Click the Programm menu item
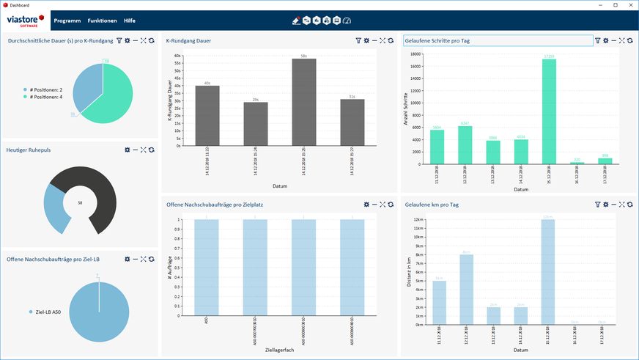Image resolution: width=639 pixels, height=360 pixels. [x=67, y=21]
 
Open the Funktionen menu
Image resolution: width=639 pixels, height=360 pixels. [x=102, y=21]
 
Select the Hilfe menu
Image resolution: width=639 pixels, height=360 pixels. [x=129, y=21]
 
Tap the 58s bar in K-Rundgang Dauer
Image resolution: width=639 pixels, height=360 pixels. [x=304, y=103]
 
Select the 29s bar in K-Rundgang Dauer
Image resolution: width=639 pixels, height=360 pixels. [x=256, y=125]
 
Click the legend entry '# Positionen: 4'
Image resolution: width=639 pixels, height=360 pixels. [x=45, y=97]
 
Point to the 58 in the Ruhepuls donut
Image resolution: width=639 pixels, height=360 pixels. [x=79, y=202]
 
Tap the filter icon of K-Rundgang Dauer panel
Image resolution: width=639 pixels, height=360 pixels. [x=358, y=41]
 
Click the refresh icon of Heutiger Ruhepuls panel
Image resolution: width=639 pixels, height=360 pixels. [x=151, y=150]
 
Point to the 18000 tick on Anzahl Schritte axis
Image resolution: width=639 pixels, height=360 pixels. [x=415, y=54]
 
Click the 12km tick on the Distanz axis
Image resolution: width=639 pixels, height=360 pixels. [x=416, y=219]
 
